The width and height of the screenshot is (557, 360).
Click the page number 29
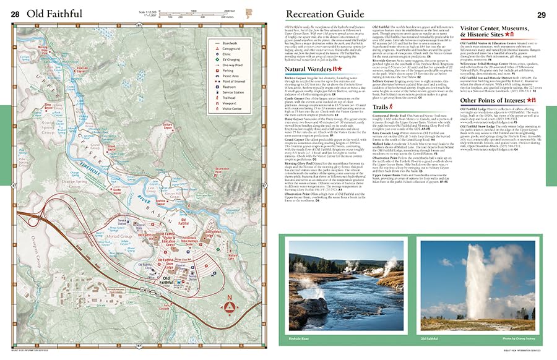pos(540,14)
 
